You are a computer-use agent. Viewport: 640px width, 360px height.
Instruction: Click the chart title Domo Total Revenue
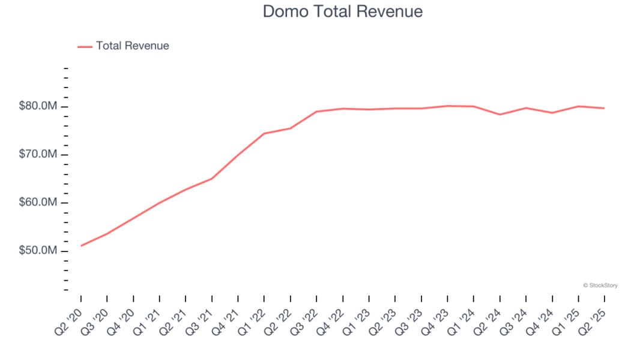342,11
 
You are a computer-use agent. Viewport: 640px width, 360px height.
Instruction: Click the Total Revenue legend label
132,46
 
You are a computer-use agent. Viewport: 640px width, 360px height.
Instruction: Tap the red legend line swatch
85,46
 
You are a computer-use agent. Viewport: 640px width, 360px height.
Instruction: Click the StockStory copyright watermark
600,286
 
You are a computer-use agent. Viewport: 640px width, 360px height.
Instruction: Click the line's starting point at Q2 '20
81,245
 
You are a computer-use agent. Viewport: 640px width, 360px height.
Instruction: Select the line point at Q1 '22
264,133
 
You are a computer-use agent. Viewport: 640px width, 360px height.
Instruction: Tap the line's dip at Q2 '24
500,115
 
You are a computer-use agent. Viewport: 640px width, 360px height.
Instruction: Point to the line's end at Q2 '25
604,108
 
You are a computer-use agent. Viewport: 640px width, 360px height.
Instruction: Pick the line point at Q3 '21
212,178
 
